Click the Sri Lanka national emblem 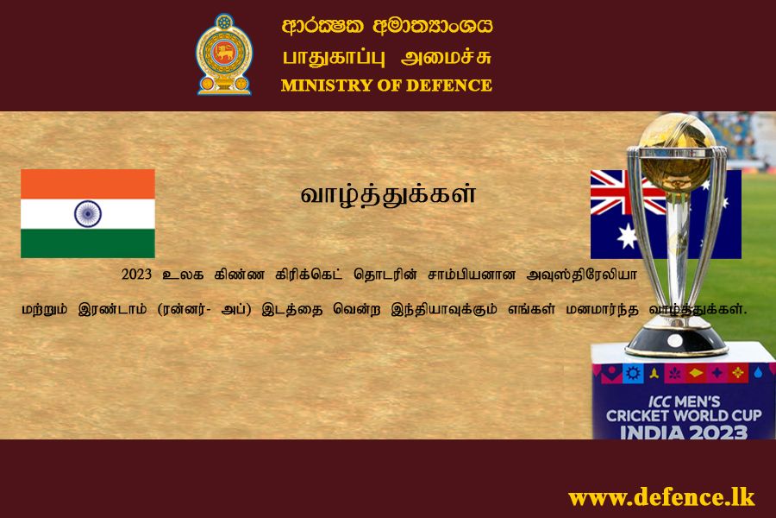pos(224,54)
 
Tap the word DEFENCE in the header pos(449,85)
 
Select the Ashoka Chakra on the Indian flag pos(88,213)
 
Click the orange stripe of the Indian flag pos(88,184)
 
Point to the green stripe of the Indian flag pos(88,243)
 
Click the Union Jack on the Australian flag pos(628,193)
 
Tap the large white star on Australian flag pos(628,236)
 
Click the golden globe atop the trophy pos(677,151)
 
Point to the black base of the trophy pos(675,342)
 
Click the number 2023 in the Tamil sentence pos(136,275)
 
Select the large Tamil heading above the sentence pos(388,194)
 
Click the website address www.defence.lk pos(661,497)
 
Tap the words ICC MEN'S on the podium pos(684,401)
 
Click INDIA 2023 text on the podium pos(684,433)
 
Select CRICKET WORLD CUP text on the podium pos(684,416)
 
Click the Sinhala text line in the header pos(387,26)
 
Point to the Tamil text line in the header pos(387,58)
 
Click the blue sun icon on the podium pos(633,373)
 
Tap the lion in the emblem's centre pos(224,52)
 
